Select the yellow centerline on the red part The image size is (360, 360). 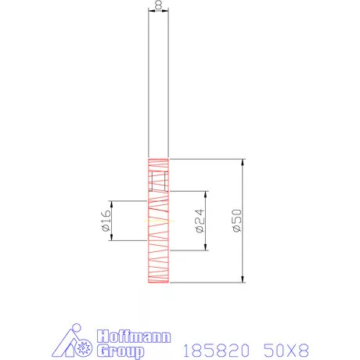tap(157, 221)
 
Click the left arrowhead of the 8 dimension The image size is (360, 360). tap(150, 11)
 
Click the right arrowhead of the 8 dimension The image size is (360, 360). tap(167, 11)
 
